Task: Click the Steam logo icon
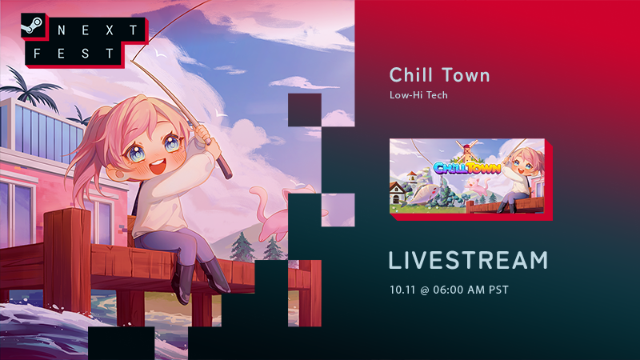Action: (33, 26)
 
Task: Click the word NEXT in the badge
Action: (98, 30)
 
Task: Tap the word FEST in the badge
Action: (74, 54)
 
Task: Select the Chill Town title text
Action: (439, 75)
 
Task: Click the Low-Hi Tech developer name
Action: (418, 95)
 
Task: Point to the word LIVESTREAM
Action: (468, 261)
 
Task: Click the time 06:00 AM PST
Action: (471, 290)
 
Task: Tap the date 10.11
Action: (402, 290)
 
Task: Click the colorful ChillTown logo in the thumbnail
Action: (467, 167)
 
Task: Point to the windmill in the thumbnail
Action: (467, 150)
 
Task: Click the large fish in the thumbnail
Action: (425, 194)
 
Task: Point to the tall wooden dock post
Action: (67, 262)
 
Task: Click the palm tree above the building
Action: (30, 88)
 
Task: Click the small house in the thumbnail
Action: (397, 192)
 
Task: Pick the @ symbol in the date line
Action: (424, 290)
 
